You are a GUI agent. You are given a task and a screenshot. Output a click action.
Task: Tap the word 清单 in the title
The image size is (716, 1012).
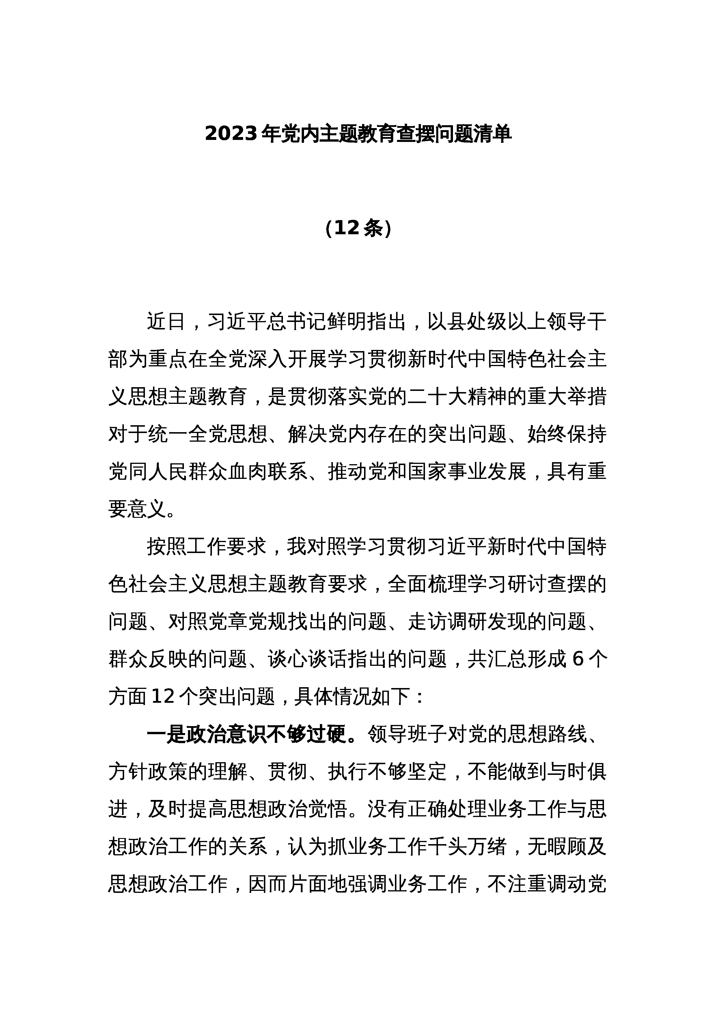492,134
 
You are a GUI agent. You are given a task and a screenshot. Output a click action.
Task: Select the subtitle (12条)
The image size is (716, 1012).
358,228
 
